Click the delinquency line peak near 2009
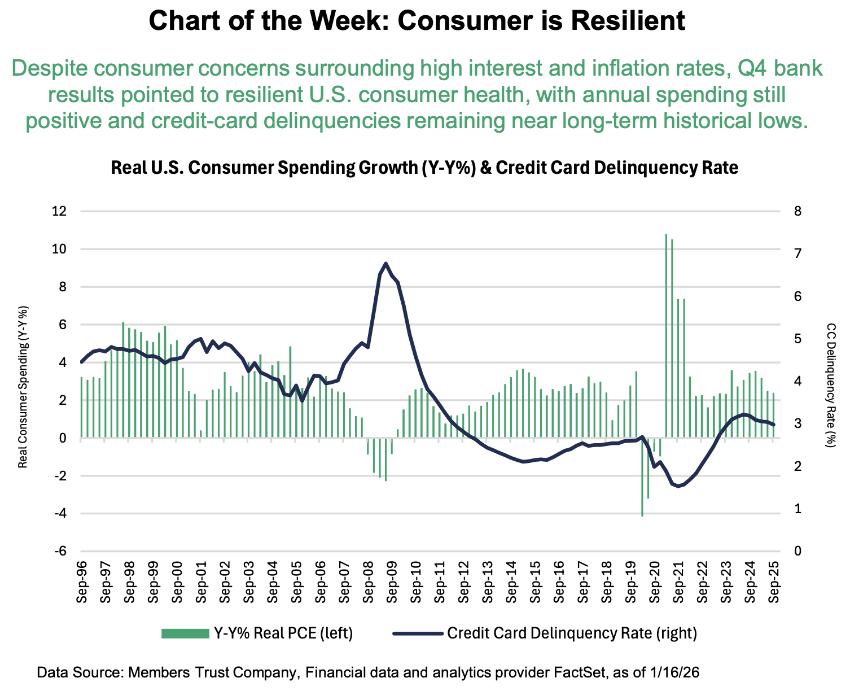pyautogui.click(x=385, y=263)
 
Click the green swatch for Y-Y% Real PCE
pyautogui.click(x=185, y=633)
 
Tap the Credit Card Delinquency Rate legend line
pyautogui.click(x=417, y=633)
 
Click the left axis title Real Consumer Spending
pyautogui.click(x=23, y=387)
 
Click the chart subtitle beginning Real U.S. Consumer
pyautogui.click(x=424, y=168)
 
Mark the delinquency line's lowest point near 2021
pyautogui.click(x=678, y=486)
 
